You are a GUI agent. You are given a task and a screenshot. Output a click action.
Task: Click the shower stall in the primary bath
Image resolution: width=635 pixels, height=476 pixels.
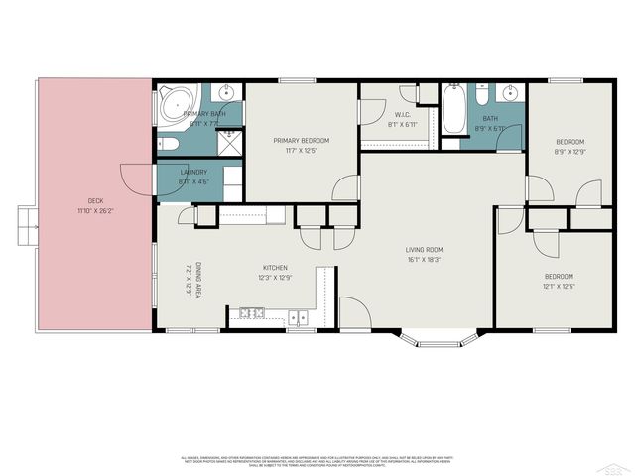[x=230, y=144]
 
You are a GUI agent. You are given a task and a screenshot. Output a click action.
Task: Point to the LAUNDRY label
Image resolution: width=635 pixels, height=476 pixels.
[x=192, y=172]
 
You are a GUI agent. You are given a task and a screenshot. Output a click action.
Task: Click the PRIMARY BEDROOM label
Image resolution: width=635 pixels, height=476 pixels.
[x=301, y=141]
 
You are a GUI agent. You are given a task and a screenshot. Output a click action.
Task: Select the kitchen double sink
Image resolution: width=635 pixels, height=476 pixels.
[x=298, y=317]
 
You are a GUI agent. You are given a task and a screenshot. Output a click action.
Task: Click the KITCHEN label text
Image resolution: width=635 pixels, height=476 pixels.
[x=275, y=268]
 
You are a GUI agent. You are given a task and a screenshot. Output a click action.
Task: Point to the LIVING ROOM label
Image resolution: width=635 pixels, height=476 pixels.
[x=424, y=250]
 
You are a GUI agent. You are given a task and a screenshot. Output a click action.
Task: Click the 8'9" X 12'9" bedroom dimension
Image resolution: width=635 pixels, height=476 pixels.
[x=570, y=152]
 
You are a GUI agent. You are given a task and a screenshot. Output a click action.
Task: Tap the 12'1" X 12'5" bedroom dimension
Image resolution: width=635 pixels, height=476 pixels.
[x=558, y=287]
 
